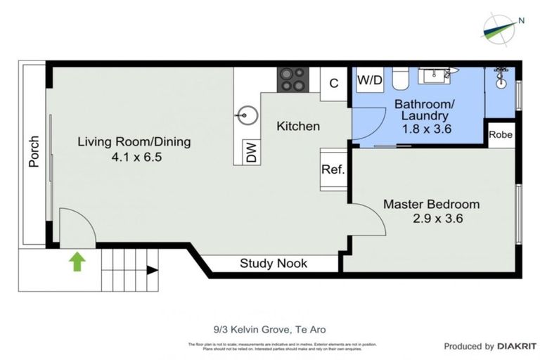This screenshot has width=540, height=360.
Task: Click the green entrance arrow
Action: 77,262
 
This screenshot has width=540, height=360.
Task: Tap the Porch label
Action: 33,151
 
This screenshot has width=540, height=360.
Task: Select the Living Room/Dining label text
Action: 134,142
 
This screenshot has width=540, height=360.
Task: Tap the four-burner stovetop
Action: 292,79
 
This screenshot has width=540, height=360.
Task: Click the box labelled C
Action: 334,83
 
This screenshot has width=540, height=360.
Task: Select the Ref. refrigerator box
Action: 332,169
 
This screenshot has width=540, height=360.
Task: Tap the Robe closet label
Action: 501,134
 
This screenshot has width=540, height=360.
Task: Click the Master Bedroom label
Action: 431,204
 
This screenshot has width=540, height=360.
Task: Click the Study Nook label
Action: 274,264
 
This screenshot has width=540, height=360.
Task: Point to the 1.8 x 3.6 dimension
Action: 425,129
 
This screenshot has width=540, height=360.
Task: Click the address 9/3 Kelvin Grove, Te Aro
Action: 270,329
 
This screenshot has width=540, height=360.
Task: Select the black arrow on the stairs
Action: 151,269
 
